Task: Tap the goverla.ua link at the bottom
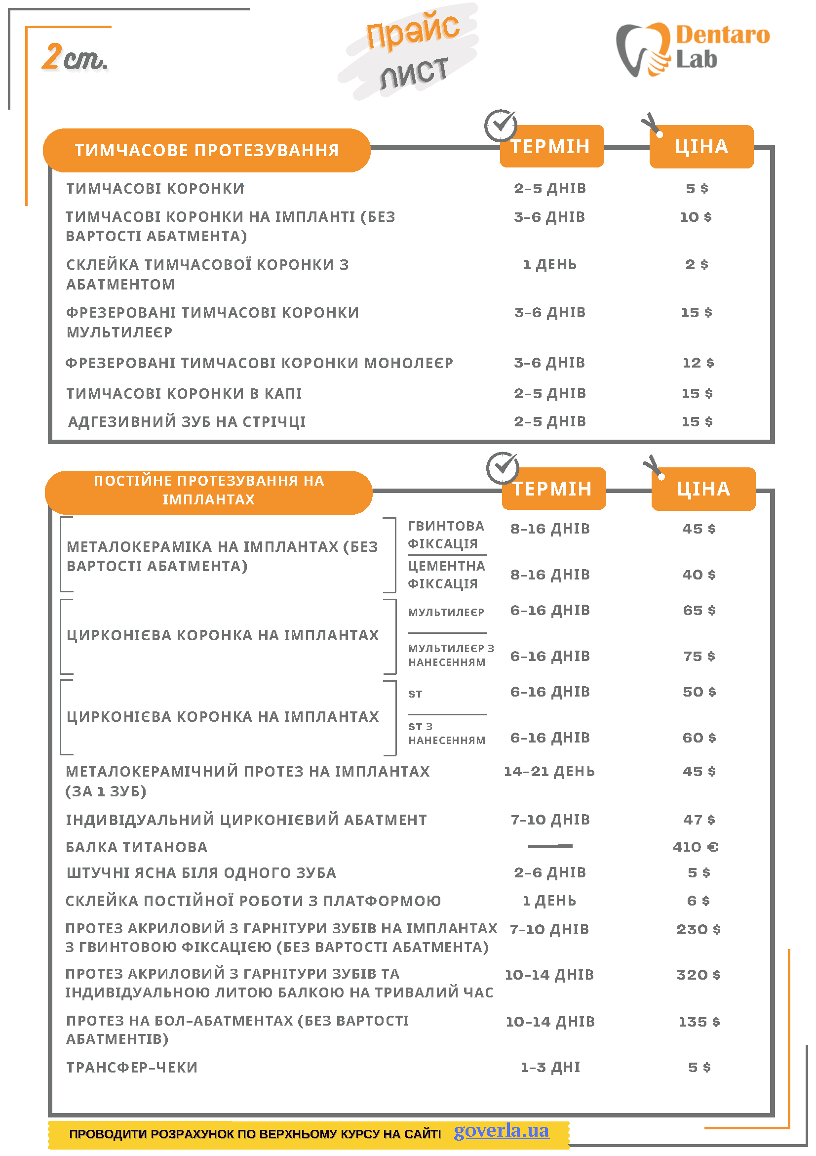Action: pyautogui.click(x=501, y=1130)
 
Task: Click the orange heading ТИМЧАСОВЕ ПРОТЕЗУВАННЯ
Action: pyautogui.click(x=207, y=150)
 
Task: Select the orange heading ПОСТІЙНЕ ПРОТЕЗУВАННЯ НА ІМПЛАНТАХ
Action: pyautogui.click(x=209, y=490)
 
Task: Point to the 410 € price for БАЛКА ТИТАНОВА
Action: pyautogui.click(x=696, y=847)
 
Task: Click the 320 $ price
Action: pyautogui.click(x=699, y=975)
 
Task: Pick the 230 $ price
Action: pyautogui.click(x=699, y=929)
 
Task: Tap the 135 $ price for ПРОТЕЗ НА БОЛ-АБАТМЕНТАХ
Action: pyautogui.click(x=699, y=1022)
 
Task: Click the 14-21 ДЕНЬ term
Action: pyautogui.click(x=549, y=771)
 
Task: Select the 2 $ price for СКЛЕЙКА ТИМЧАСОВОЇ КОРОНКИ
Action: pyautogui.click(x=697, y=264)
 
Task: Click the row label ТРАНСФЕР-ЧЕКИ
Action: pyautogui.click(x=132, y=1068)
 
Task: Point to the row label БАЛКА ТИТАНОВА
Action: pyautogui.click(x=136, y=847)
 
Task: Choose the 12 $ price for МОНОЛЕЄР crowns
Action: pyautogui.click(x=699, y=363)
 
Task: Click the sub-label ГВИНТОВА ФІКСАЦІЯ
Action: pyautogui.click(x=446, y=535)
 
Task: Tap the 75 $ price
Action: pyautogui.click(x=699, y=656)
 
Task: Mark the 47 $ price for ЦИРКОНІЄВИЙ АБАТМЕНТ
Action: pyautogui.click(x=699, y=820)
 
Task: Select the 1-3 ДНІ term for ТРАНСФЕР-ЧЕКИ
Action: pyautogui.click(x=550, y=1068)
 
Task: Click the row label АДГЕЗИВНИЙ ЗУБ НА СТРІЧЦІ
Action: pyautogui.click(x=187, y=421)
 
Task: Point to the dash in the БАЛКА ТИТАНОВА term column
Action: pyautogui.click(x=550, y=846)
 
